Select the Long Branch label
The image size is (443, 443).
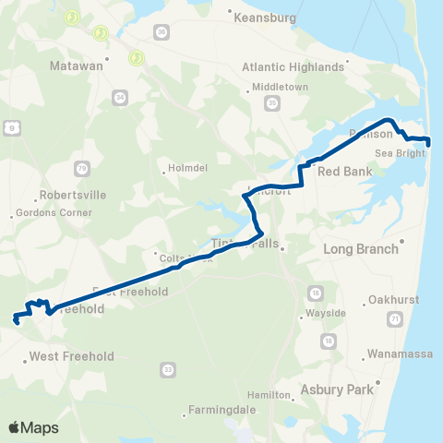coord(360,248)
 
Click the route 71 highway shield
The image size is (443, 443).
coord(395,318)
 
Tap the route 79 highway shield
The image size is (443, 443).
coord(82,167)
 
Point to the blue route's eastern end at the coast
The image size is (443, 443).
coord(428,140)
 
